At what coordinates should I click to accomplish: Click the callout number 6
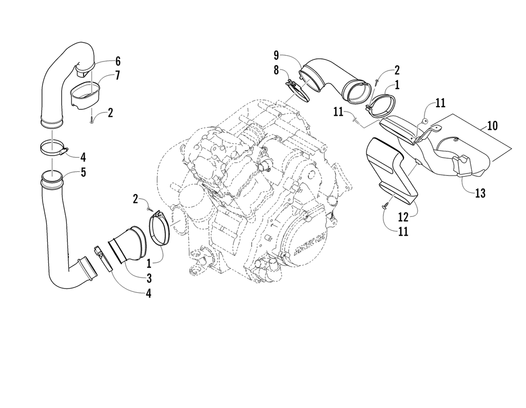tap(117, 62)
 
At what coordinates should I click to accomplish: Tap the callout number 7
tap(117, 75)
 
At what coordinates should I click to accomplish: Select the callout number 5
tap(83, 172)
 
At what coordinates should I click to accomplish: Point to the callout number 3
tap(149, 278)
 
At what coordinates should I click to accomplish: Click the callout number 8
tap(276, 70)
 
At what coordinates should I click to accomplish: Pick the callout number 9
tap(276, 55)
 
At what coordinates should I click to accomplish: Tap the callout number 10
tap(492, 126)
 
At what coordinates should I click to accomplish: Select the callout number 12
tap(403, 217)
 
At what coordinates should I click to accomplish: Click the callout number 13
tap(480, 193)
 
